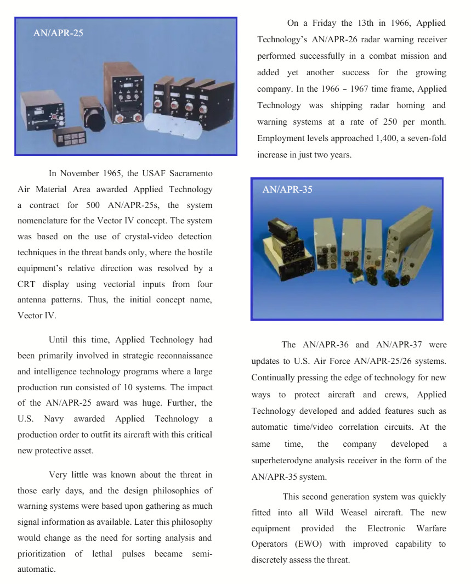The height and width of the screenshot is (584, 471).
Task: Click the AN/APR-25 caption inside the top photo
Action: tap(58, 33)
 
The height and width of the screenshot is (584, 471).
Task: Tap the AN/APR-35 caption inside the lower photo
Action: tap(287, 189)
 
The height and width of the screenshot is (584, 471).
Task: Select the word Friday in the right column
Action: tap(325, 23)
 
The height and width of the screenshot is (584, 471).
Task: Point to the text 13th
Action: tap(371, 23)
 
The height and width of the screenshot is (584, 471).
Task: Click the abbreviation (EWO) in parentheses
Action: tap(331, 544)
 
